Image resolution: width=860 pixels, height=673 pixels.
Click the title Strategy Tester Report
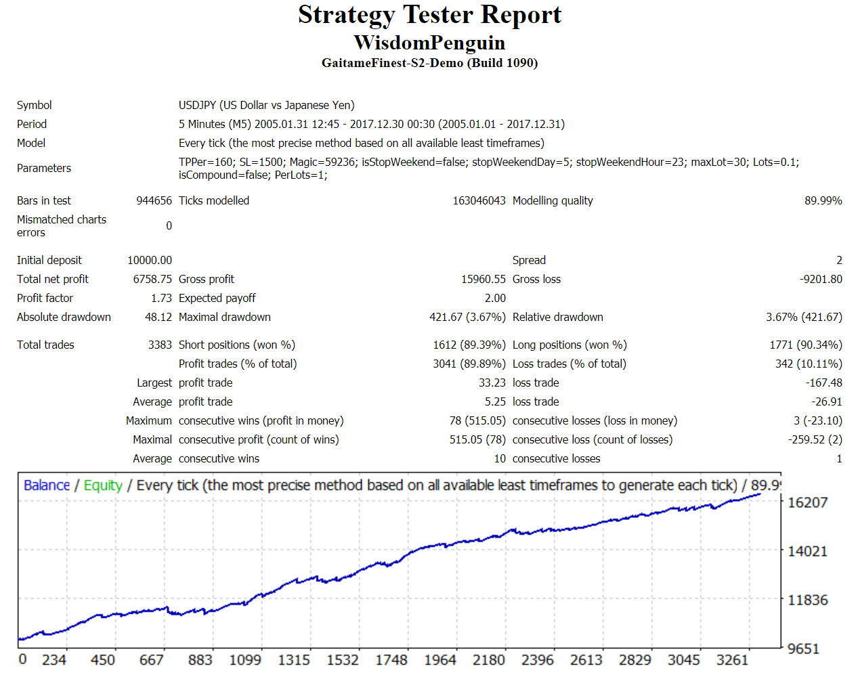pos(429,15)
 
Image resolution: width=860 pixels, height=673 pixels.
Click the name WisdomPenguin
pos(429,43)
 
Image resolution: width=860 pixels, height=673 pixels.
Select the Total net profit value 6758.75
pos(152,279)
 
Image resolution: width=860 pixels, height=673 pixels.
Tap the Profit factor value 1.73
pos(161,298)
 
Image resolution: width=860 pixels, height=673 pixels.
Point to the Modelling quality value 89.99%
pos(823,200)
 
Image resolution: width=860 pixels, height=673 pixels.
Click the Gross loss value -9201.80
pos(821,279)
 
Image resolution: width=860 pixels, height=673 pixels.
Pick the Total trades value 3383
pos(160,345)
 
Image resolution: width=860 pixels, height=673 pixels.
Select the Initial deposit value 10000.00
pos(150,260)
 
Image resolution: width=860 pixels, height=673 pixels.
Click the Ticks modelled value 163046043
pos(479,200)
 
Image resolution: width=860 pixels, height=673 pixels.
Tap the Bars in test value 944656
pos(154,200)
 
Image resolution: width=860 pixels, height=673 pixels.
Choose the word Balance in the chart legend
pos(47,485)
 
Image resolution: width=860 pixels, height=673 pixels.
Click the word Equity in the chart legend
pos(103,485)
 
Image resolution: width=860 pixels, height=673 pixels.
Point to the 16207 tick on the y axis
pos(807,502)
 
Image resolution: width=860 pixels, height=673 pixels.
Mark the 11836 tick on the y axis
pos(807,600)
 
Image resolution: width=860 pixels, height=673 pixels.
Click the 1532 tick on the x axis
pos(343,659)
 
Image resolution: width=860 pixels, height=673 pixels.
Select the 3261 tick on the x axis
pos(732,659)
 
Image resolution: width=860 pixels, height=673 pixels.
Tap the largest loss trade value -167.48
pos(824,383)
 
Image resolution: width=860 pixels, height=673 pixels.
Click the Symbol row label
pos(35,105)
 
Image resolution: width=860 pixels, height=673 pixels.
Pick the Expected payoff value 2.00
pos(495,298)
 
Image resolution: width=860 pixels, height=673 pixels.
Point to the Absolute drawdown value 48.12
pos(158,317)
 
